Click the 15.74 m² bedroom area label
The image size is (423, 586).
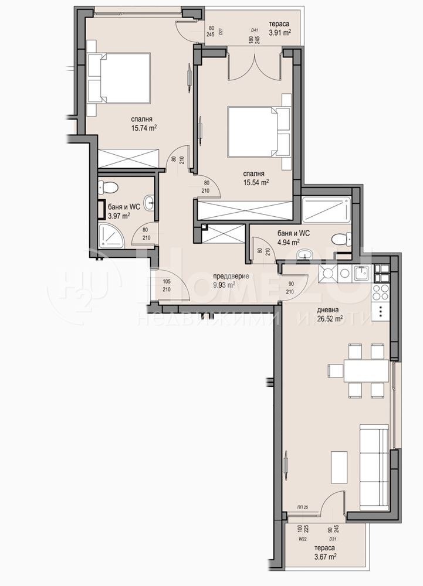[x=143, y=122]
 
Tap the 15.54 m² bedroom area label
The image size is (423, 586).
[x=256, y=178]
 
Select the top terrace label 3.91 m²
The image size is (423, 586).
[x=280, y=28]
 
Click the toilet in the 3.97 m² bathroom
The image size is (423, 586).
[x=109, y=187]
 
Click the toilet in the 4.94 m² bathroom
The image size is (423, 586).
[x=341, y=240]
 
